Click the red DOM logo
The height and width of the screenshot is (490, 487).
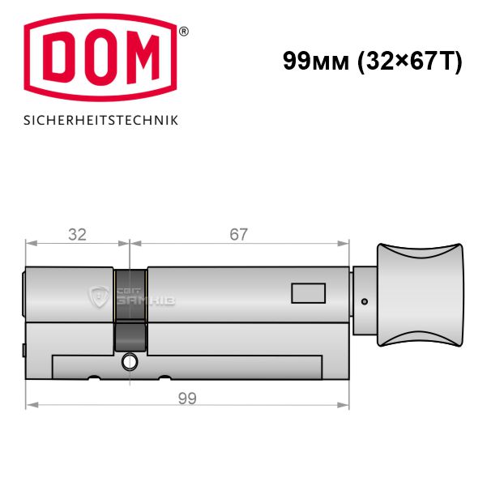pos(100,58)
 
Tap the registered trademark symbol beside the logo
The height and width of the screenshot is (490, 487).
pos(183,32)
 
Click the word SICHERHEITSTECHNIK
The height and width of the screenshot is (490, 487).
pos(100,121)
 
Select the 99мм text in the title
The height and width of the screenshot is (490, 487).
pos(316,61)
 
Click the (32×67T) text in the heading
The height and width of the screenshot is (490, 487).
pos(409,62)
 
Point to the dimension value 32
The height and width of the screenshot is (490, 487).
pos(77,234)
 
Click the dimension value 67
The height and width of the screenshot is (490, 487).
pos(238,234)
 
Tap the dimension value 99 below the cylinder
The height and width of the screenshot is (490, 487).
pos(187,398)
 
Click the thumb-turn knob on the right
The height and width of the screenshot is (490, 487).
pos(420,295)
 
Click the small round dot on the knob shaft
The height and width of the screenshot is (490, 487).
pos(364,301)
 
